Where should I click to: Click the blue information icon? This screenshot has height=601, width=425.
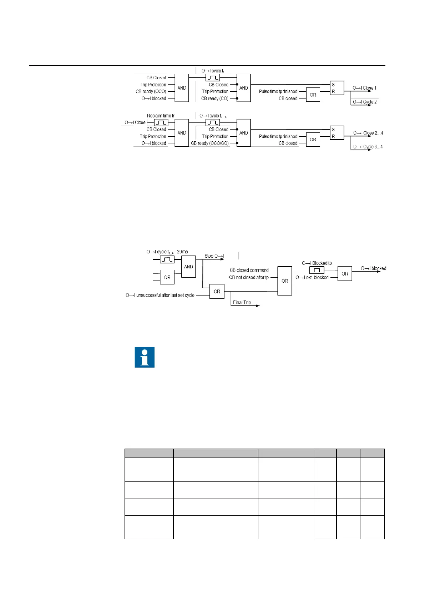tap(145, 357)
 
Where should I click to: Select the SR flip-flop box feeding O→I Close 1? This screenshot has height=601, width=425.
tap(337, 88)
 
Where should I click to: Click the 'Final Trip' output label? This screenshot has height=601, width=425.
tap(242, 302)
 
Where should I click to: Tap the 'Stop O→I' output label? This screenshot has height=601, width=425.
tap(214, 256)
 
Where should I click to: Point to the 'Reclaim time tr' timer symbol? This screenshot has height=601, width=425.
tap(161, 122)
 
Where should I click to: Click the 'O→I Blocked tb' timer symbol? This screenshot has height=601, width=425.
tap(317, 270)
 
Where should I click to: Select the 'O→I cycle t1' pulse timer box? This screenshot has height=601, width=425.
tap(213, 77)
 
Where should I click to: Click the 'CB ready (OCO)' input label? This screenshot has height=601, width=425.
tap(151, 91)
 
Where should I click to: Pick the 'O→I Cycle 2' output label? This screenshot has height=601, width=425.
tap(365, 102)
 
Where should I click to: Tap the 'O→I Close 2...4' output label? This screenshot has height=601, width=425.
tap(368, 133)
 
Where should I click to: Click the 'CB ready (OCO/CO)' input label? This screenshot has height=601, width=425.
tap(209, 143)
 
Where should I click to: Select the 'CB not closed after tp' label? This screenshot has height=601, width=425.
tap(249, 277)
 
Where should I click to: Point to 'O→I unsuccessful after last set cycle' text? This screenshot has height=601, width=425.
tap(160, 295)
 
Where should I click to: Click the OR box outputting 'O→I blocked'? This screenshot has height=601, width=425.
tap(345, 274)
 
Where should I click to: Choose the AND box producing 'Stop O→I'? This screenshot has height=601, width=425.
tap(188, 267)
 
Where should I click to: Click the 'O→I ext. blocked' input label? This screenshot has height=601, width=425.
tap(312, 277)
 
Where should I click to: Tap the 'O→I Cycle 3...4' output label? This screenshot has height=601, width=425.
tap(368, 147)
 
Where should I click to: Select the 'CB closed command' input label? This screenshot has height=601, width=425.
tap(249, 270)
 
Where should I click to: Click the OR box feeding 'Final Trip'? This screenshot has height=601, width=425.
tap(217, 292)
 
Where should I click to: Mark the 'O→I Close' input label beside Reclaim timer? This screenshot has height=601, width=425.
tap(135, 122)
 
